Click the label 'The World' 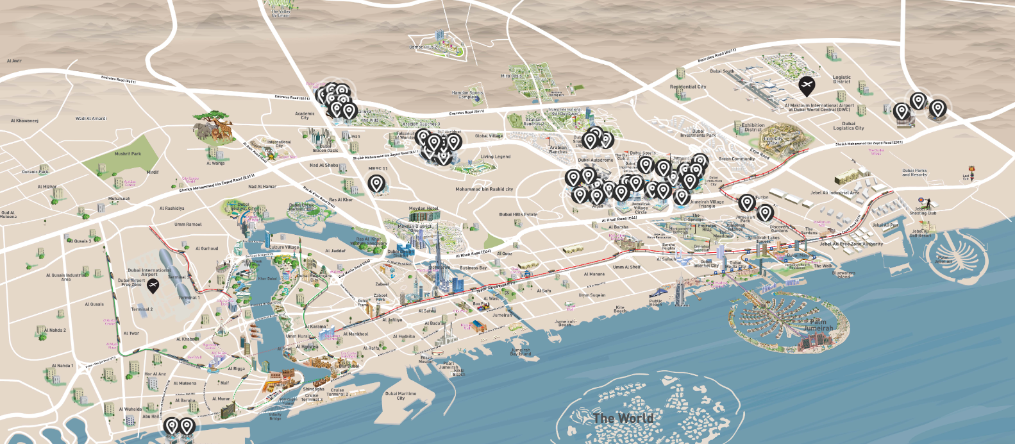click(x=623, y=418)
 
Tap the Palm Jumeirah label click(x=818, y=325)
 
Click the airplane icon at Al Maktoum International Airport click(x=807, y=85)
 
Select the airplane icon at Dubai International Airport click(x=153, y=285)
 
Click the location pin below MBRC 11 click(x=377, y=185)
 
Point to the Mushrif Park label click(x=128, y=154)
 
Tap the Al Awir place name click(x=14, y=61)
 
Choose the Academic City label click(x=305, y=115)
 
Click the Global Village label click(x=489, y=136)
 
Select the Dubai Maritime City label click(x=401, y=396)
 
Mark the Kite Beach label click(x=620, y=309)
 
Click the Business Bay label click(x=473, y=268)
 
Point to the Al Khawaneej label click(x=24, y=121)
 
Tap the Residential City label click(x=688, y=87)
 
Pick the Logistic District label click(x=842, y=79)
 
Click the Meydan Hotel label click(x=423, y=209)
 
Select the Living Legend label click(x=496, y=157)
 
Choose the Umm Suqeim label click(x=592, y=295)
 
